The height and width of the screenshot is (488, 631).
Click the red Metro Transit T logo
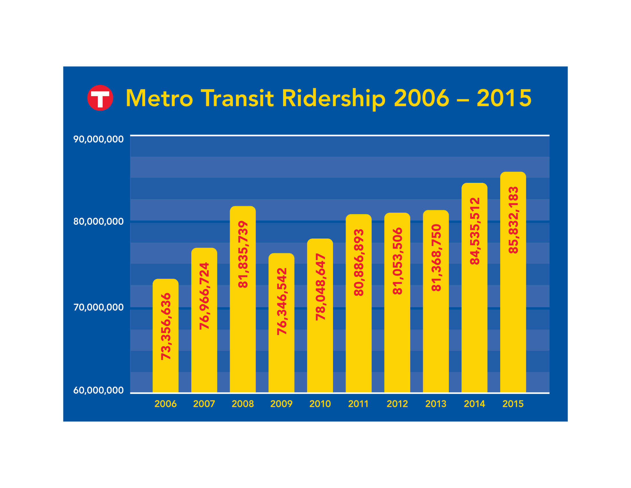click(x=100, y=98)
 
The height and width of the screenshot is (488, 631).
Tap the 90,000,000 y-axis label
click(x=98, y=139)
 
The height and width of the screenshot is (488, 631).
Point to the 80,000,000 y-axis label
click(x=98, y=221)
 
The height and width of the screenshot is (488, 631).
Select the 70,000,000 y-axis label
click(x=98, y=307)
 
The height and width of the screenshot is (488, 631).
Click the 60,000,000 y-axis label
click(x=98, y=390)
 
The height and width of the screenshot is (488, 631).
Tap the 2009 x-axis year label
click(x=281, y=404)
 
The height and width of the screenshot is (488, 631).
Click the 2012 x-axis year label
click(x=397, y=404)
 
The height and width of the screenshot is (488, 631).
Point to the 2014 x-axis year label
click(x=474, y=404)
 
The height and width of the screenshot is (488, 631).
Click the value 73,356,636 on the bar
click(x=166, y=326)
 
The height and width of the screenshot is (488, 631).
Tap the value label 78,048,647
click(x=320, y=287)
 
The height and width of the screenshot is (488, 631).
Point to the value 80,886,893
click(x=359, y=262)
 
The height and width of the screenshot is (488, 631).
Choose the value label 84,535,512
click(x=475, y=231)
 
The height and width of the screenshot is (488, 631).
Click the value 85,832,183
click(x=513, y=220)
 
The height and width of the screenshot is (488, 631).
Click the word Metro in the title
click(x=159, y=98)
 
